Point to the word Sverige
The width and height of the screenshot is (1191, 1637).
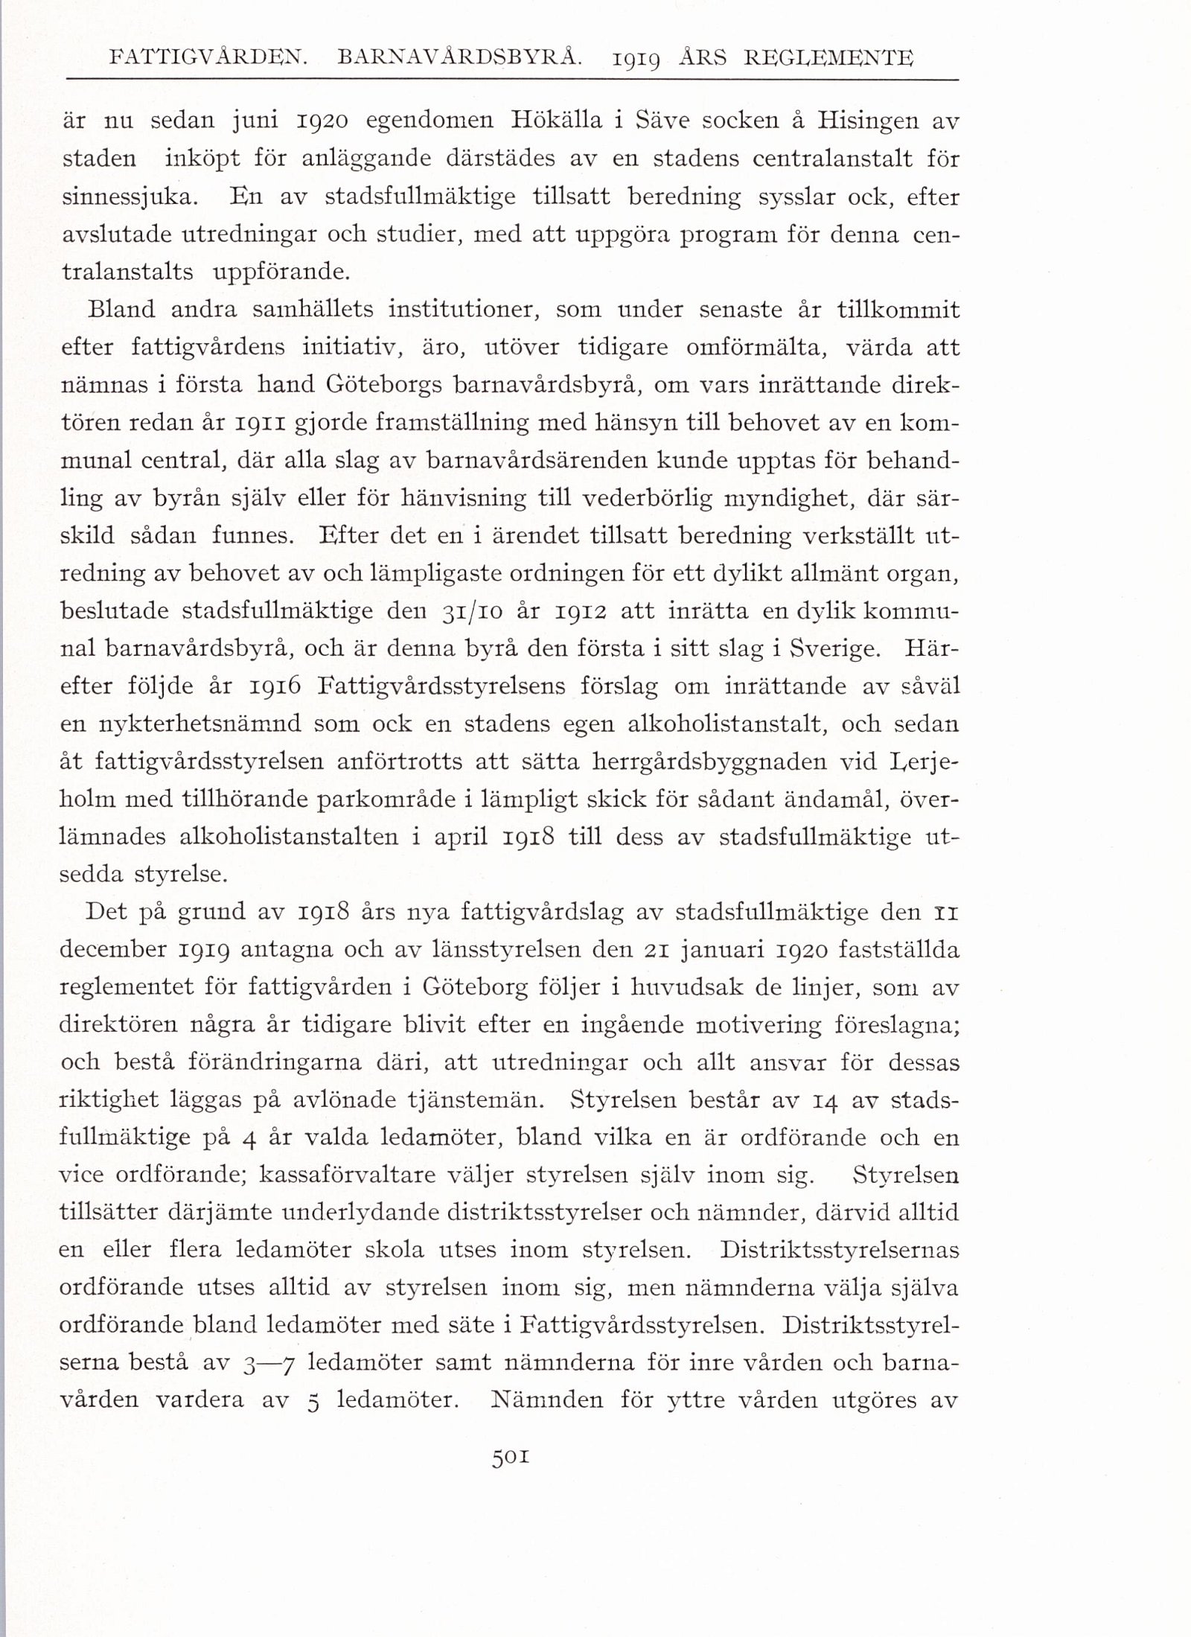(x=837, y=649)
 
